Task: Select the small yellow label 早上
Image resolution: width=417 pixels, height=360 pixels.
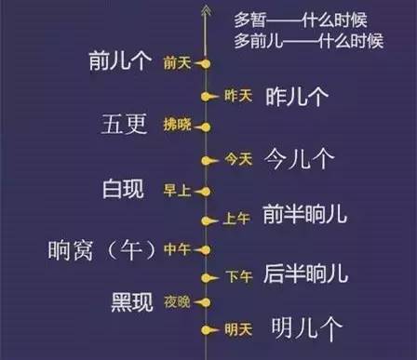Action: click(x=177, y=191)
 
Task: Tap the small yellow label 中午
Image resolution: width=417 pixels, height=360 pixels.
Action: click(x=177, y=249)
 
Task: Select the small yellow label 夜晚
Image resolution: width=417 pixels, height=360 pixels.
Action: click(x=177, y=302)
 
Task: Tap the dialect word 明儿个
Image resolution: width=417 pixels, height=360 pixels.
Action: click(x=306, y=328)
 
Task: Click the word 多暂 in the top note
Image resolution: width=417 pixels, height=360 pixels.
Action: click(x=249, y=18)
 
